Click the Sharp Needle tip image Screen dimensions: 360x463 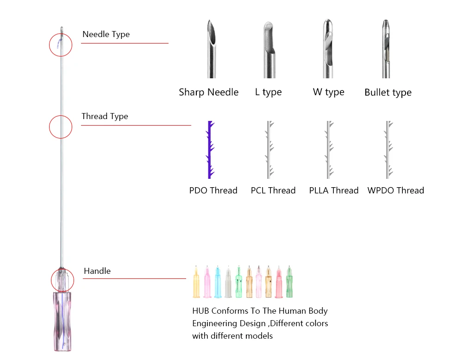click(212, 49)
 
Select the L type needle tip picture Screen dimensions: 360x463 click(269, 49)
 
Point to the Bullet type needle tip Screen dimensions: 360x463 click(386, 49)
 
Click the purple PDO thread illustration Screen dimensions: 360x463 click(211, 150)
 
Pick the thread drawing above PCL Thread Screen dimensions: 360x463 click(269, 150)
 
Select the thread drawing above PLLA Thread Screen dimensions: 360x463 click(328, 150)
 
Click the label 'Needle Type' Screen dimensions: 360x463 click(106, 34)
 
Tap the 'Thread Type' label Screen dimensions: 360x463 click(105, 116)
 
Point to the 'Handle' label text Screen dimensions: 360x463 click(97, 271)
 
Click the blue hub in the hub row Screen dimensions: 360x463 click(218, 283)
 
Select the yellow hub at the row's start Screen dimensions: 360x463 click(196, 283)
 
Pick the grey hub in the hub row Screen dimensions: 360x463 click(228, 283)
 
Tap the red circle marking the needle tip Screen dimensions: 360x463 click(61, 45)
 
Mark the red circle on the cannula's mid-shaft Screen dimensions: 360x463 click(61, 126)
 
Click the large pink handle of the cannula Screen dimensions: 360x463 click(61, 320)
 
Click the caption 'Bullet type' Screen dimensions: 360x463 click(388, 93)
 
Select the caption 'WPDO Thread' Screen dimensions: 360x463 click(395, 190)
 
